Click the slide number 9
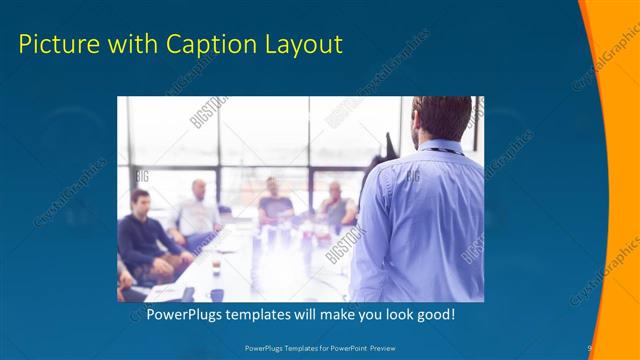point(589,348)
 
